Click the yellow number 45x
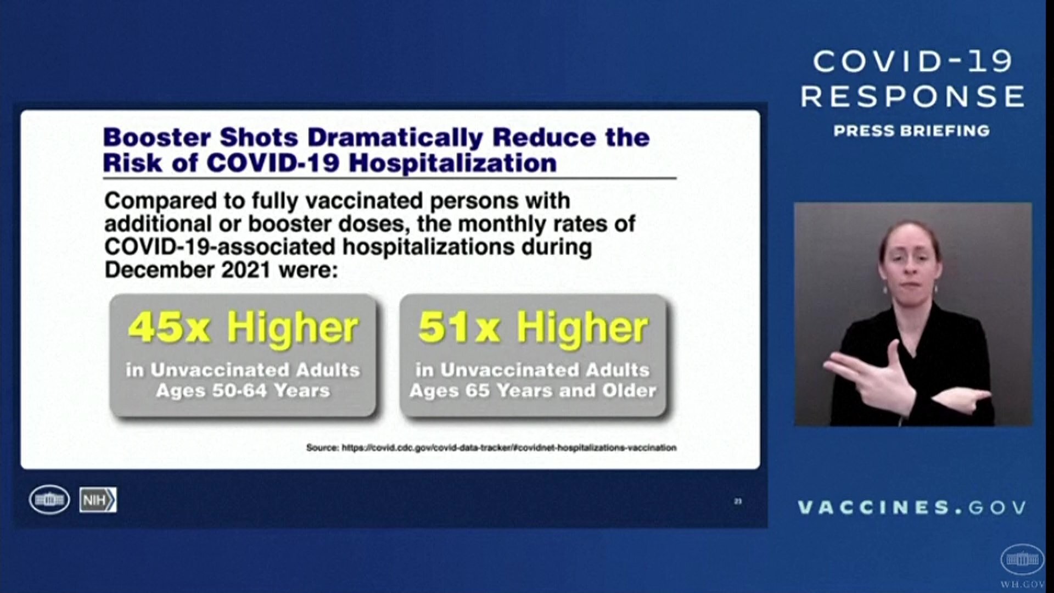click(x=169, y=327)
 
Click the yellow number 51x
click(x=458, y=327)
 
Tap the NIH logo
click(x=98, y=500)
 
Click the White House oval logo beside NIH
click(x=49, y=500)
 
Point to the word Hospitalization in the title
click(x=452, y=164)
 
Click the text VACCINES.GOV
click(x=912, y=507)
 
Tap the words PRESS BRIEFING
click(x=912, y=131)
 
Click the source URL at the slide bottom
click(x=509, y=447)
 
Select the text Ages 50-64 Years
click(x=243, y=390)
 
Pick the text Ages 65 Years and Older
click(x=532, y=390)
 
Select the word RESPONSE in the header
click(x=912, y=97)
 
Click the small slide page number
click(x=738, y=501)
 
